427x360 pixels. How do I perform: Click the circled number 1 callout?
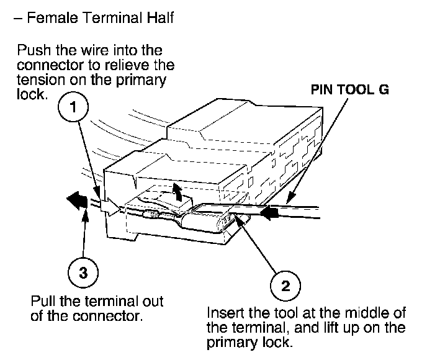tap(73, 107)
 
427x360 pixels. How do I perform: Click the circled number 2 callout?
tap(285, 286)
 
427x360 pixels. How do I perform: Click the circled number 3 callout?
tap(83, 272)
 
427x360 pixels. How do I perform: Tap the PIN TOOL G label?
tap(350, 89)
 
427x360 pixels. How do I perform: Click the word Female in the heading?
tap(53, 18)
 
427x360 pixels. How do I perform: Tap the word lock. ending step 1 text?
tap(30, 94)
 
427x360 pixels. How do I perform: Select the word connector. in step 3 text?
tap(108, 316)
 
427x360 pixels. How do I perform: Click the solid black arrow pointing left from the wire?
tap(77, 200)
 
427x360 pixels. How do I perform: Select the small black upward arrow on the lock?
tap(178, 192)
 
